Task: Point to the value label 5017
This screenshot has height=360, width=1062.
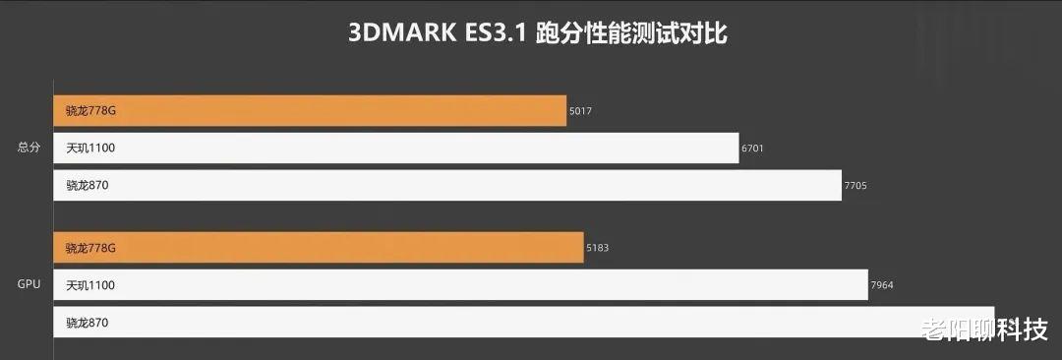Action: tap(581, 112)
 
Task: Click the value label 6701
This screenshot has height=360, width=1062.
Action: tap(753, 149)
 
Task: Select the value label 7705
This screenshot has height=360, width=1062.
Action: tap(855, 186)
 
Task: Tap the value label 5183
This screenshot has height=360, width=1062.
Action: tap(597, 248)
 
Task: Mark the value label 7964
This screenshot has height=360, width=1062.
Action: tap(882, 285)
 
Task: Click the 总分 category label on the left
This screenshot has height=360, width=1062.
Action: tap(29, 148)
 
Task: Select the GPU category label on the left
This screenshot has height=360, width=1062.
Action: tap(29, 284)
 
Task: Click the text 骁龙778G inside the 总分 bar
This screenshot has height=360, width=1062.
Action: tap(90, 111)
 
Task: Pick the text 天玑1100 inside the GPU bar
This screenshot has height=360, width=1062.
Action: tap(90, 285)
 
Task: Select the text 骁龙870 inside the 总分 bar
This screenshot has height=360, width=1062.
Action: tap(87, 185)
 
